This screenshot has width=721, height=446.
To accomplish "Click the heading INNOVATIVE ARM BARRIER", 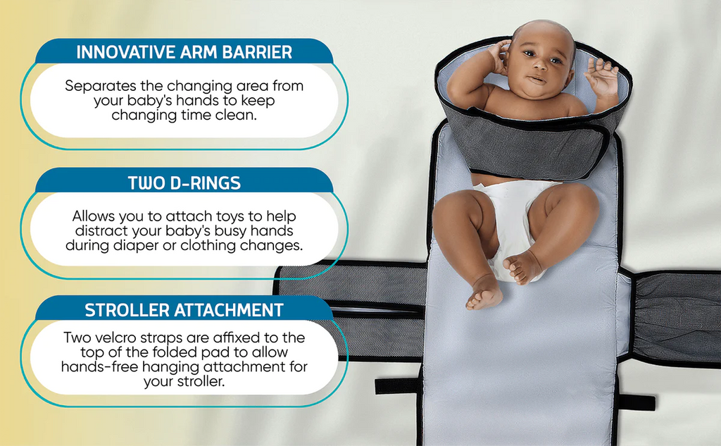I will pos(184,52).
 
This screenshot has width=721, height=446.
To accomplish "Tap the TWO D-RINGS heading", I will pos(184,183).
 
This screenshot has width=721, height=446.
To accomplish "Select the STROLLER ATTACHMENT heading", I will pos(184,310).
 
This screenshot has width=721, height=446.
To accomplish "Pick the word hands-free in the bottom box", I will pos(98,367).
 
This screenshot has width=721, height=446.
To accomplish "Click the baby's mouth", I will pos(537,80).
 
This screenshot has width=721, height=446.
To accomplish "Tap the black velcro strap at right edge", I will pos(637,402).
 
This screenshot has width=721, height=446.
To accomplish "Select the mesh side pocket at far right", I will pos(676,317).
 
